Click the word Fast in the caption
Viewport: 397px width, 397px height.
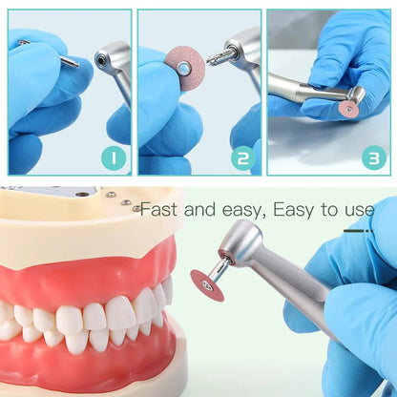click(x=158, y=209)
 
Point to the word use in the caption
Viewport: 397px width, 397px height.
click(x=357, y=209)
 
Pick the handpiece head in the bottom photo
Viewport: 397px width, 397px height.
click(x=240, y=243)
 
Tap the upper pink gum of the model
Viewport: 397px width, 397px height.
click(x=86, y=281)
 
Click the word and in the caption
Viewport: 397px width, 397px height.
click(x=203, y=209)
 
